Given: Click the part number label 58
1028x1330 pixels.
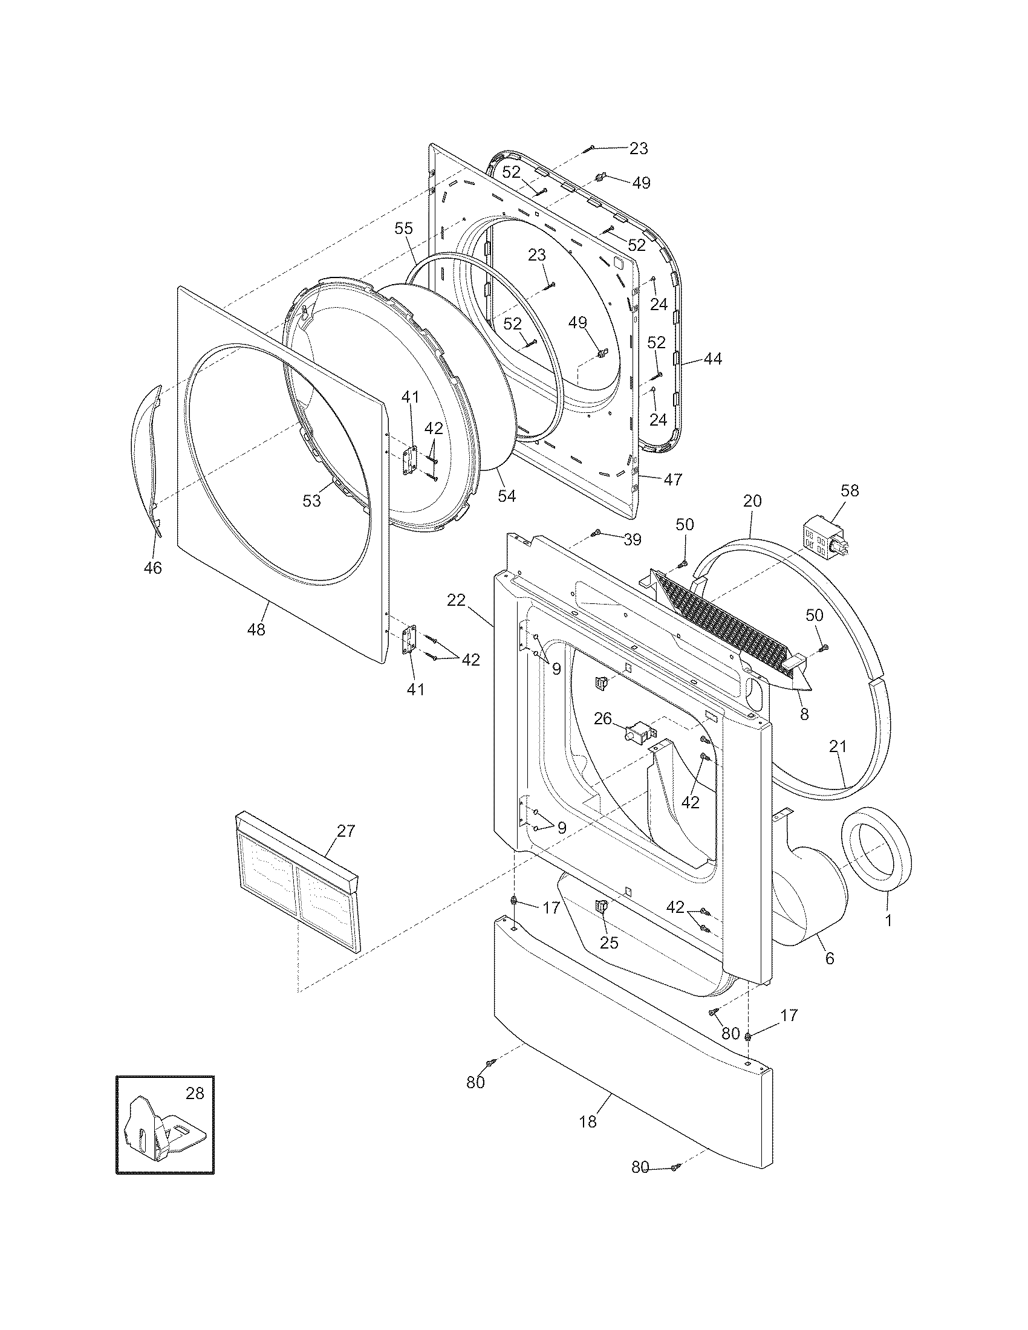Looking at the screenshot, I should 850,490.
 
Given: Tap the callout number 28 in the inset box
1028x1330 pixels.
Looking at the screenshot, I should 195,1094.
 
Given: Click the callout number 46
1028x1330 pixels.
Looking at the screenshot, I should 152,568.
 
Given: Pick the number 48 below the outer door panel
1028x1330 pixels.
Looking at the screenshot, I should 256,630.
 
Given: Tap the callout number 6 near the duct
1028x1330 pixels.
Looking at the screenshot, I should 829,959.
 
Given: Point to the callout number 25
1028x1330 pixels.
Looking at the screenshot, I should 609,942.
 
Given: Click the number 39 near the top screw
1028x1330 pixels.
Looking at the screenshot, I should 633,539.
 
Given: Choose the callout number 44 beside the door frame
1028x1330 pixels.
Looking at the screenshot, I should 712,359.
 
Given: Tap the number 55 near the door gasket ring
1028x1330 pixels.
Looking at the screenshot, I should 403,229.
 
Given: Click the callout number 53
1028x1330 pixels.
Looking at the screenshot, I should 312,501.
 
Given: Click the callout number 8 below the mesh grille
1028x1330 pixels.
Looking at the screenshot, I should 804,715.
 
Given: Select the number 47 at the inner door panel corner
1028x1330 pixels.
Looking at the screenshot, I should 673,479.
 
